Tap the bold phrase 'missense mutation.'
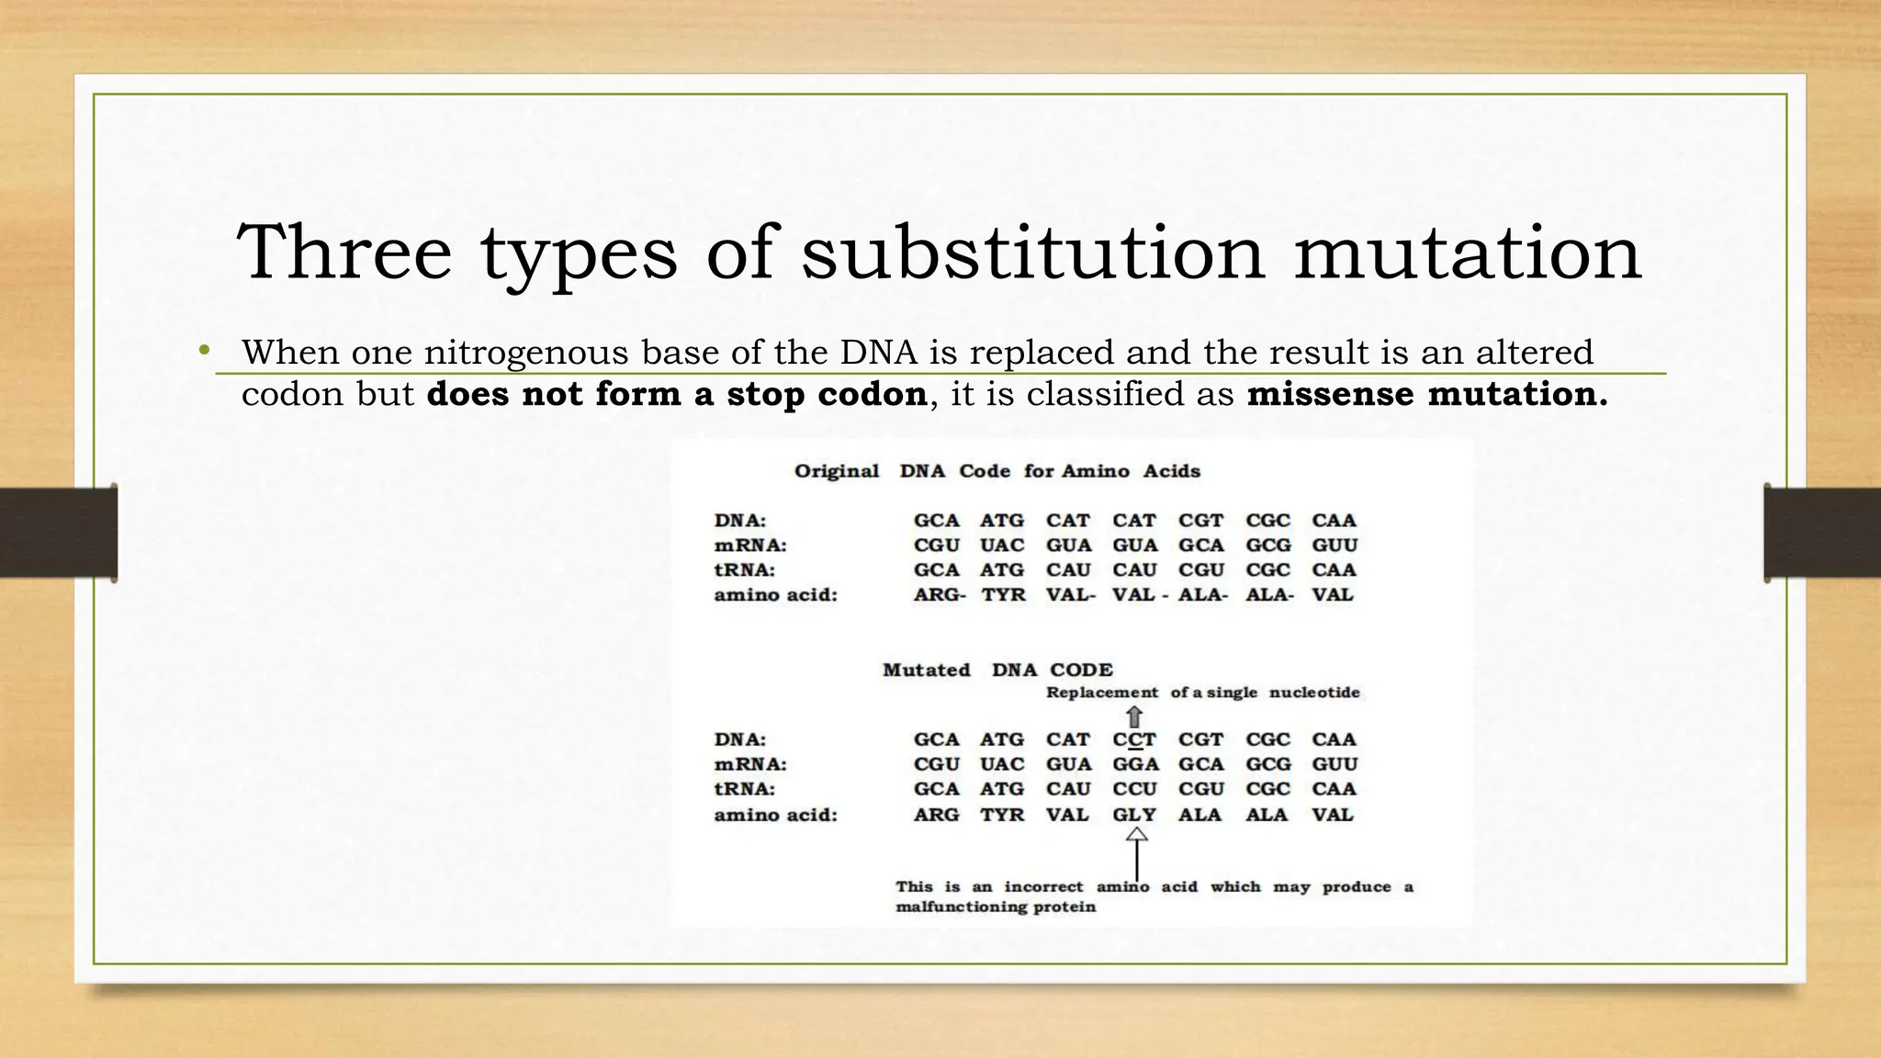click(x=1427, y=394)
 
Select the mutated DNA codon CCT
click(x=1134, y=739)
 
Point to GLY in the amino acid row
click(x=1134, y=815)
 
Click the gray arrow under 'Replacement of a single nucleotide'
click(x=1135, y=716)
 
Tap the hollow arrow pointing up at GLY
click(x=1137, y=835)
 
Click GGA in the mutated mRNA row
click(x=1135, y=764)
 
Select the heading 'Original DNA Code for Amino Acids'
click(x=997, y=471)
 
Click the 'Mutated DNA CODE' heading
click(x=997, y=670)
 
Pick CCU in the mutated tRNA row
click(x=1135, y=789)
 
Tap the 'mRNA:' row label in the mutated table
click(x=750, y=764)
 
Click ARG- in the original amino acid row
click(x=939, y=594)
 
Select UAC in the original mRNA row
click(x=1001, y=545)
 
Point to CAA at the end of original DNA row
click(x=1334, y=520)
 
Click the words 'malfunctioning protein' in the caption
click(x=996, y=907)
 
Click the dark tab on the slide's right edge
click(x=1822, y=533)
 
